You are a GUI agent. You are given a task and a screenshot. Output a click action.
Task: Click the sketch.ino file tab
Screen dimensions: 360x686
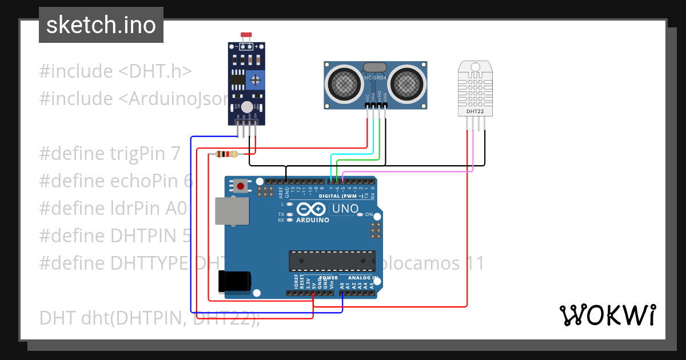(101, 25)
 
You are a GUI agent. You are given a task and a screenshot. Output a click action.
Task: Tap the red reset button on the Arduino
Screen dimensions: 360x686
(241, 186)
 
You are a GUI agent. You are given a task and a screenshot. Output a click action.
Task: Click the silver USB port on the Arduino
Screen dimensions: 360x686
(232, 211)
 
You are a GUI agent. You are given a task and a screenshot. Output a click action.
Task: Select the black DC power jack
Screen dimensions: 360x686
(234, 281)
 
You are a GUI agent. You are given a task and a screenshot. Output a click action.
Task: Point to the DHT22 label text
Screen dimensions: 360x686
(475, 111)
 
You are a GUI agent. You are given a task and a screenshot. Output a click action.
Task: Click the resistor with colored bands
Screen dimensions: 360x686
(227, 154)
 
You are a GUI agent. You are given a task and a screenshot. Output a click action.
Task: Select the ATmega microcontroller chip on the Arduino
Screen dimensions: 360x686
(332, 260)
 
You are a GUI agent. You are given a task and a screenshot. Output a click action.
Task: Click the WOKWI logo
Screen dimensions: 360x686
(607, 315)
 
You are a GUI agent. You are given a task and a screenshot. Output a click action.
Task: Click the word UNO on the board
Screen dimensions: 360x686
(345, 209)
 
